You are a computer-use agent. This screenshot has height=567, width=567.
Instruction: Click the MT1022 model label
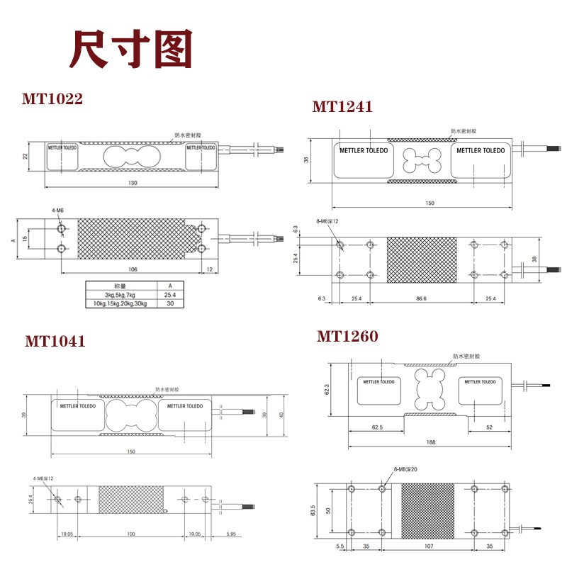pyautogui.click(x=52, y=99)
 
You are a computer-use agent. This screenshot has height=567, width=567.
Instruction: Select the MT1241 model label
pyautogui.click(x=342, y=107)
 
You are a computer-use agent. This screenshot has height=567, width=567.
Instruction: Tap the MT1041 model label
pyautogui.click(x=55, y=341)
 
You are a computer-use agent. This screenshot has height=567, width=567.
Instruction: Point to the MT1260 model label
pyautogui.click(x=347, y=336)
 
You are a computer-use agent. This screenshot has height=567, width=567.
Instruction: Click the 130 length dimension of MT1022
pyautogui.click(x=133, y=183)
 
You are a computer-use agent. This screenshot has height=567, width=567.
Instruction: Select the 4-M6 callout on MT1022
pyautogui.click(x=57, y=211)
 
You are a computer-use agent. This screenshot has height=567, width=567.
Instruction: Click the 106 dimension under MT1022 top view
pyautogui.click(x=133, y=269)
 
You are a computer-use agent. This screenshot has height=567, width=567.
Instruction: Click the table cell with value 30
pyautogui.click(x=169, y=303)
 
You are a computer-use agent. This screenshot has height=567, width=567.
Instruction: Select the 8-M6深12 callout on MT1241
pyautogui.click(x=327, y=222)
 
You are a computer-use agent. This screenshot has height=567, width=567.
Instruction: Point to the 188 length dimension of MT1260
pyautogui.click(x=430, y=442)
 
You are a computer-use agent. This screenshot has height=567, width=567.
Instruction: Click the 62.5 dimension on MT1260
pyautogui.click(x=376, y=427)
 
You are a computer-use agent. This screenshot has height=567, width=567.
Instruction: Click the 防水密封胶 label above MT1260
pyautogui.click(x=465, y=357)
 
